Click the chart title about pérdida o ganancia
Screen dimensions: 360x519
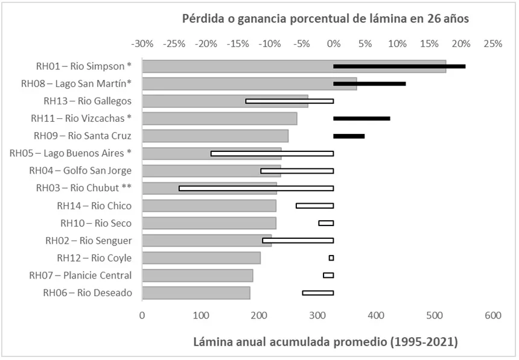tap(326, 19)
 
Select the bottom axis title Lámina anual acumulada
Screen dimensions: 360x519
tap(325, 343)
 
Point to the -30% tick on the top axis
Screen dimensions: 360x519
tap(142, 44)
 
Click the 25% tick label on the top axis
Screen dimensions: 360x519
tap(492, 44)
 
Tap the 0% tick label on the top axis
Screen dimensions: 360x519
tap(333, 44)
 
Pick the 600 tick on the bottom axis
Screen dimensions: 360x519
tap(492, 315)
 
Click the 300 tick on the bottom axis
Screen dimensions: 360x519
tap(317, 315)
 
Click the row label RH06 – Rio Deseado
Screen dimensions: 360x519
tap(87, 293)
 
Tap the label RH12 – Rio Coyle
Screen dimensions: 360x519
tap(94, 258)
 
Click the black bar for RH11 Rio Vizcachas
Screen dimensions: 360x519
tap(361, 118)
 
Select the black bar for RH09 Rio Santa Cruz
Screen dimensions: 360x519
tap(349, 136)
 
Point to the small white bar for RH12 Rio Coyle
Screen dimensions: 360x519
tap(331, 258)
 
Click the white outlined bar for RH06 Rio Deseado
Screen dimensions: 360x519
tap(317, 293)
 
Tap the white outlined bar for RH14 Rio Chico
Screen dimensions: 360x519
tap(314, 206)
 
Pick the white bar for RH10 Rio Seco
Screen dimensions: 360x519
tap(326, 223)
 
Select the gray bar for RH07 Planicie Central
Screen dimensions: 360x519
tap(197, 276)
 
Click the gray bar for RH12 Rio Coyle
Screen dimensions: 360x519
tap(201, 258)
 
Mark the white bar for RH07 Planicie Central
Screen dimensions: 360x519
tap(328, 276)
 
